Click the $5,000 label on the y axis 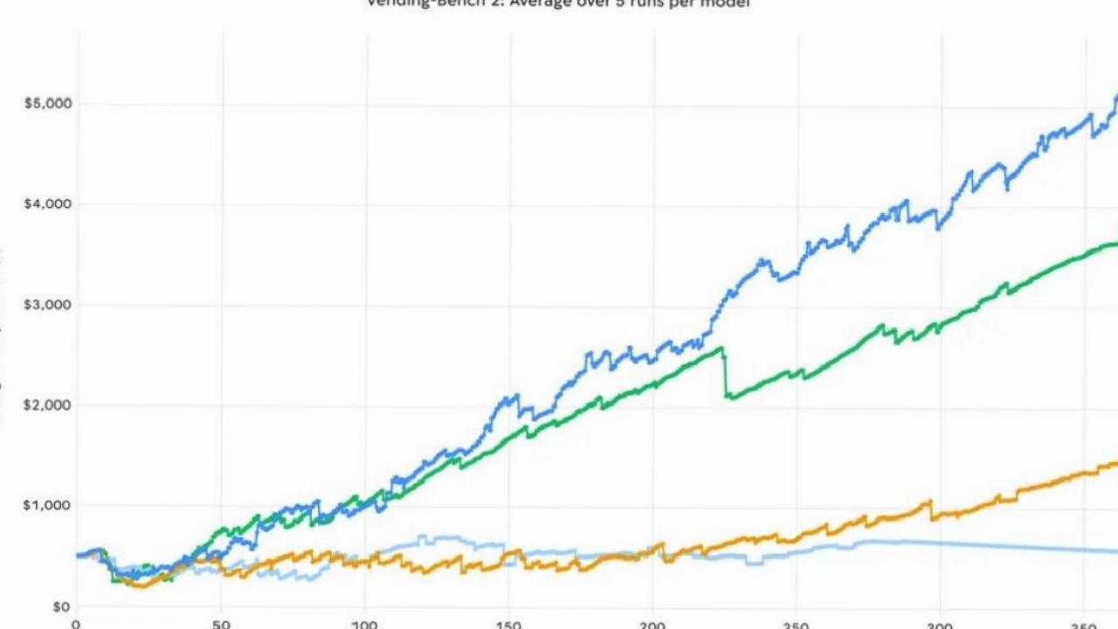(x=47, y=103)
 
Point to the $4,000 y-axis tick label (x=47, y=204)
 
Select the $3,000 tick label (x=47, y=304)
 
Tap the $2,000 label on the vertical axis (x=47, y=404)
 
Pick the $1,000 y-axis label (x=47, y=505)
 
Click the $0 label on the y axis (x=60, y=606)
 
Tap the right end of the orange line (x=1115, y=464)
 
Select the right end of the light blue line (x=1115, y=551)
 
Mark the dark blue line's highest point (x=1115, y=96)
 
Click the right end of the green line (x=1115, y=244)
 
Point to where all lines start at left (x=79, y=555)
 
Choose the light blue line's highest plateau (x=437, y=538)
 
